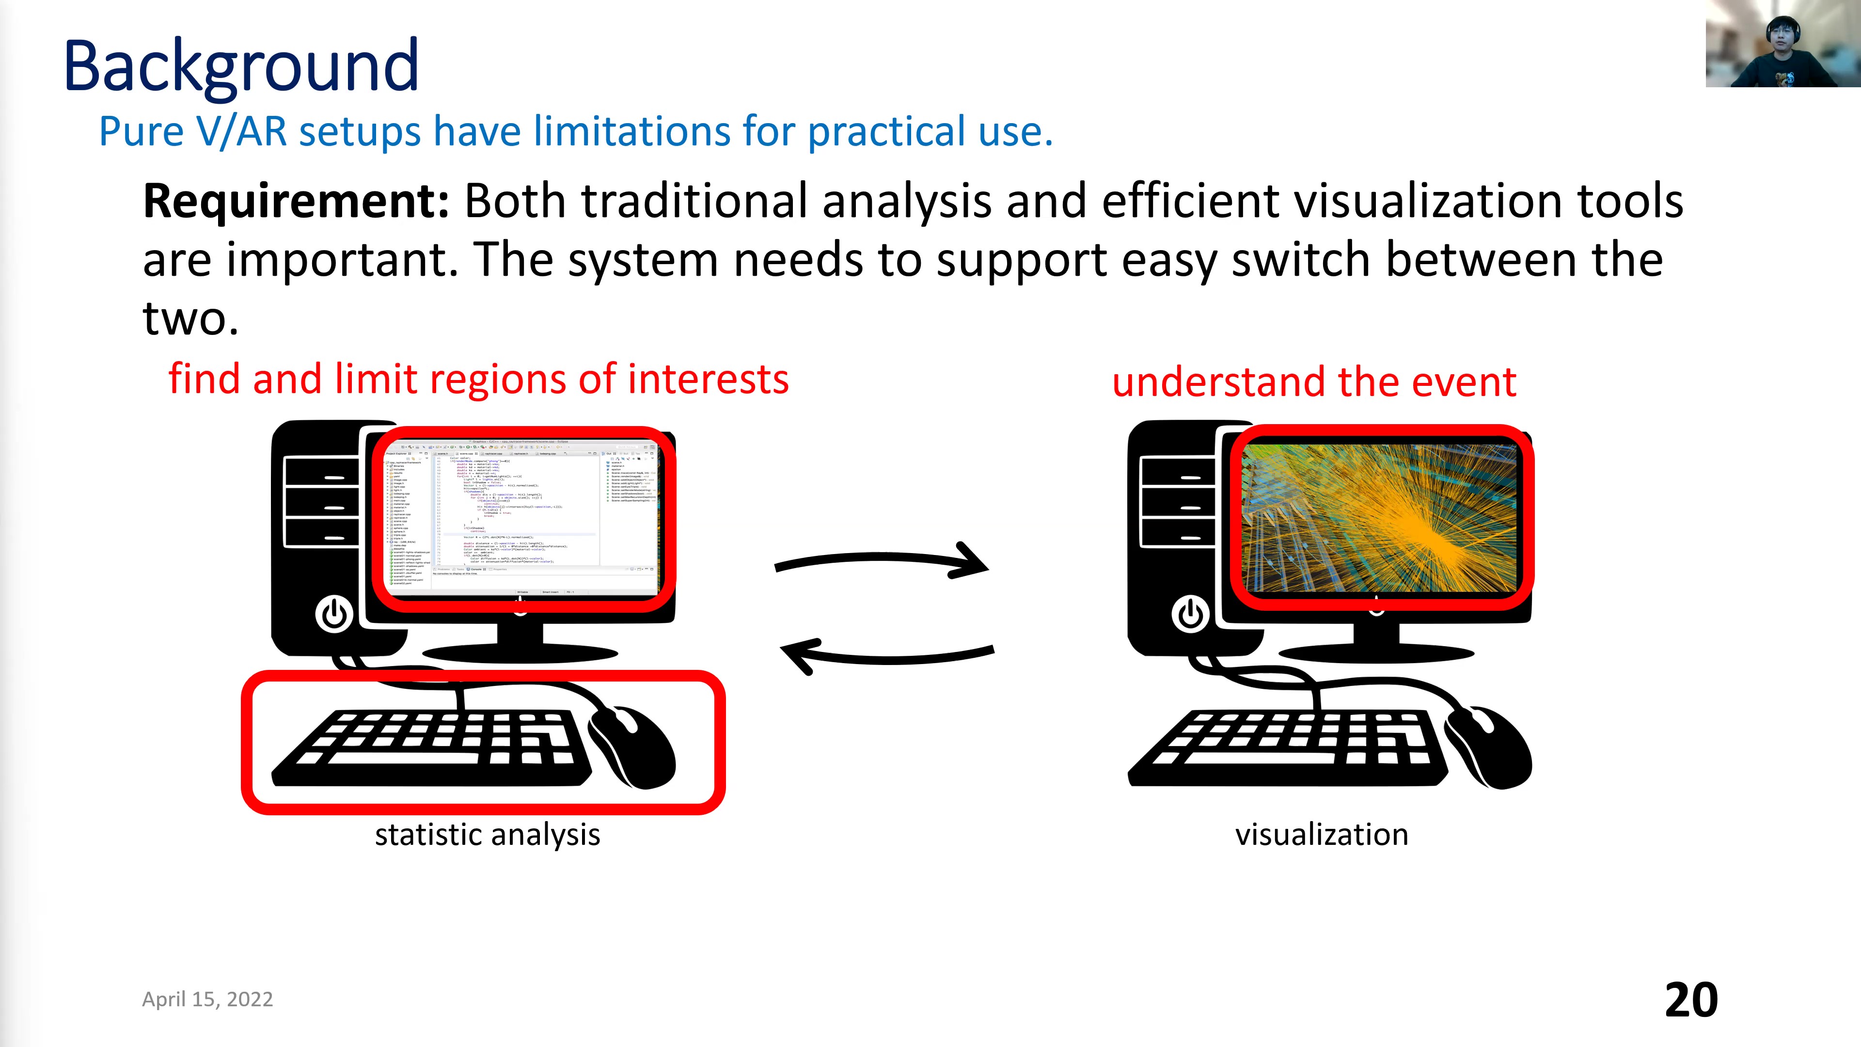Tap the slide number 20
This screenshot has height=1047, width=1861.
click(1690, 1000)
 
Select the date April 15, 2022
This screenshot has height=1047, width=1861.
click(207, 999)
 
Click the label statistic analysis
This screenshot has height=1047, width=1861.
click(487, 835)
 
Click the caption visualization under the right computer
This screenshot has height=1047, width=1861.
click(1321, 835)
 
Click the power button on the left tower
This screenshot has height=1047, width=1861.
click(334, 614)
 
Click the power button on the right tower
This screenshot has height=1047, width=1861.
click(1190, 614)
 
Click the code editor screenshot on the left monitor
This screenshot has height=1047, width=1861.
click(520, 517)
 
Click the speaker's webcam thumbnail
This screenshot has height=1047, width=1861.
click(1782, 43)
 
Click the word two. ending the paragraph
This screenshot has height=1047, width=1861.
click(190, 318)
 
